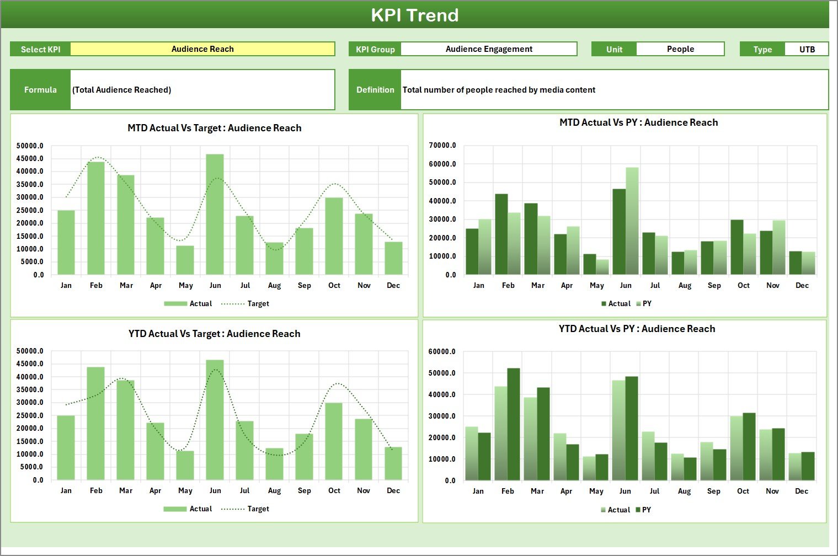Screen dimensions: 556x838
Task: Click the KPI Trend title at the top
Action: click(414, 15)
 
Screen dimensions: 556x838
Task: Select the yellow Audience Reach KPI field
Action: click(202, 49)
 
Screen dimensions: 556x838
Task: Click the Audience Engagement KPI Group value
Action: click(489, 49)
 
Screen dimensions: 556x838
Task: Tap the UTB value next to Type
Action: click(807, 49)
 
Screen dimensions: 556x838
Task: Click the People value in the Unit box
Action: click(680, 49)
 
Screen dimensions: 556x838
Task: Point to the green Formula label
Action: click(40, 90)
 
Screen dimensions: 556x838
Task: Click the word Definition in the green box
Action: click(375, 90)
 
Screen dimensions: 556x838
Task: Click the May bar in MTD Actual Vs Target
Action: click(185, 260)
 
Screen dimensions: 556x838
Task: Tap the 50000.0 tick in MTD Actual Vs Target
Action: click(30, 146)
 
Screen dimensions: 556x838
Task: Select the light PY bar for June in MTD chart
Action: click(632, 221)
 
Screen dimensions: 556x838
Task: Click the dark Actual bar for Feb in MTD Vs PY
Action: click(501, 234)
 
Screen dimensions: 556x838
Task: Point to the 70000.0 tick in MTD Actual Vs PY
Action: click(442, 146)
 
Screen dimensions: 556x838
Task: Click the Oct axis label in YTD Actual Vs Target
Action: click(334, 491)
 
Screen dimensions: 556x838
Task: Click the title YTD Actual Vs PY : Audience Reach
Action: click(637, 329)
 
